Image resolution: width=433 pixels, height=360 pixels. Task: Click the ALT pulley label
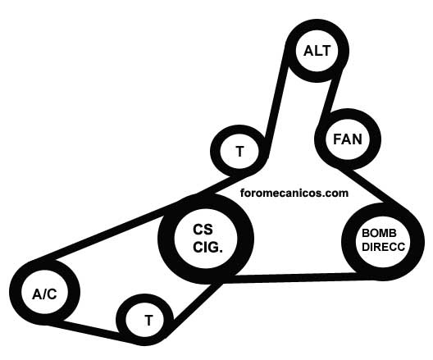(x=317, y=51)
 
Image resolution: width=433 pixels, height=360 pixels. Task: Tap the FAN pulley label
(x=348, y=139)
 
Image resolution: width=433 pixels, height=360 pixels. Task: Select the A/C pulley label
(x=44, y=294)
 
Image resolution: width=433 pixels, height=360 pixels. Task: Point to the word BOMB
(x=379, y=233)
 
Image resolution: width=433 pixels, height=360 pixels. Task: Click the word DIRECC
(x=383, y=247)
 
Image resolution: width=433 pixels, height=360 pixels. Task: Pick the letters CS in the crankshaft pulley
(x=203, y=230)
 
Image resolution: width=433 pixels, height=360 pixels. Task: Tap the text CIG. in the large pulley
(x=207, y=247)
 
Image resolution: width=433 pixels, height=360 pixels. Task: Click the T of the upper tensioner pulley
(x=240, y=152)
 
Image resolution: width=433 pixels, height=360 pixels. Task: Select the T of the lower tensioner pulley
(x=149, y=321)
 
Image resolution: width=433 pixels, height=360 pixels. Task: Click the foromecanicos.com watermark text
(x=294, y=193)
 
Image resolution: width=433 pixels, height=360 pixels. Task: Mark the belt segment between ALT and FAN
(x=330, y=93)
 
